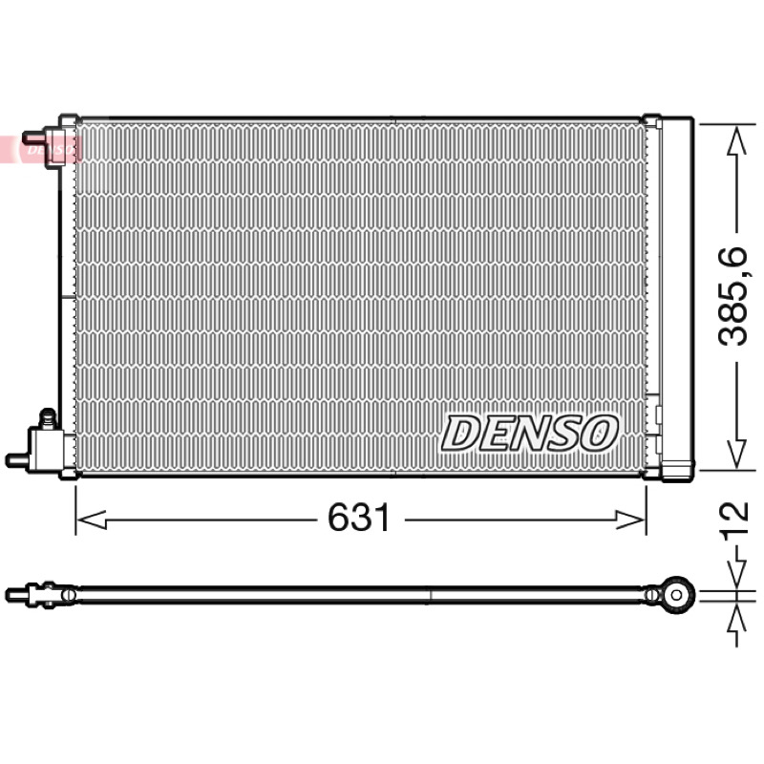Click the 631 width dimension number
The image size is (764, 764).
[359, 518]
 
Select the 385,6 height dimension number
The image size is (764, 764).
[733, 296]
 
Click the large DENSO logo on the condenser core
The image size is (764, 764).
[530, 433]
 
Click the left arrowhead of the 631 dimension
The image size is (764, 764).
[92, 520]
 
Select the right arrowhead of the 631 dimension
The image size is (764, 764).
[630, 520]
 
